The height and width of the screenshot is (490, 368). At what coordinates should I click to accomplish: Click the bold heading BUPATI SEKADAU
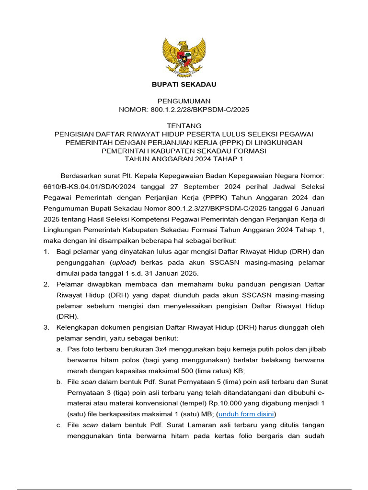184,85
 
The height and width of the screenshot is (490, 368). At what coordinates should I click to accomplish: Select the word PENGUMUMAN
184,101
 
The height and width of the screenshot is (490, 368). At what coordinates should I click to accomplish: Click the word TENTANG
184,126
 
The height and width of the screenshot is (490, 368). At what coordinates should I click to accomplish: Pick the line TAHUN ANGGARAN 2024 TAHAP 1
184,159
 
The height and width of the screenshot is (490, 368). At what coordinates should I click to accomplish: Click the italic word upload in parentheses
124,263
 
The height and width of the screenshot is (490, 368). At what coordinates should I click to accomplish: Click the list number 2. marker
46,284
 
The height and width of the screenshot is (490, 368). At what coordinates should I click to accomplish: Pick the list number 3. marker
46,328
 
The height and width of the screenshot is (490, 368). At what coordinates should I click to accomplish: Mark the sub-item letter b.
59,382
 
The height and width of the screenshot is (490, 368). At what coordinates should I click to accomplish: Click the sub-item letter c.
59,425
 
